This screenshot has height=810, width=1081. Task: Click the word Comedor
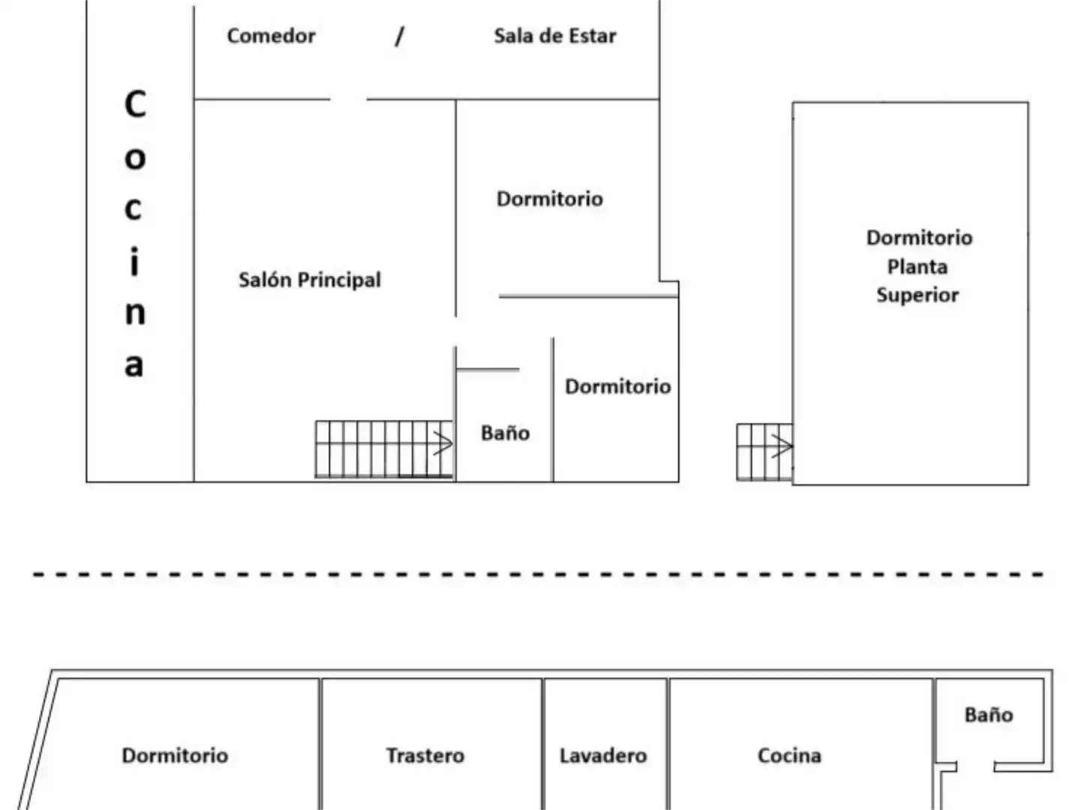point(271,36)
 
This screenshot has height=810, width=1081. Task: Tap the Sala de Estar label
point(555,36)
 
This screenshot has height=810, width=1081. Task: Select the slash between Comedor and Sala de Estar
point(399,36)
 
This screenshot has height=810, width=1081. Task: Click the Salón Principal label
point(310,280)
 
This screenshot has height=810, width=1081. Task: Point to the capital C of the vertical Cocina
point(135,104)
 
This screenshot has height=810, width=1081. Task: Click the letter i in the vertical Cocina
point(134,262)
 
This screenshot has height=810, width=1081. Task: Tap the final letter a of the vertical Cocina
point(134,364)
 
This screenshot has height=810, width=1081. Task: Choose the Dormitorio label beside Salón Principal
point(550,199)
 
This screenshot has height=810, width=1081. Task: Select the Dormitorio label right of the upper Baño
point(617,386)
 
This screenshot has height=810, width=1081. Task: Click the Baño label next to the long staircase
point(506,433)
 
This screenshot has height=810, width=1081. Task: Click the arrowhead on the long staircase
point(443,443)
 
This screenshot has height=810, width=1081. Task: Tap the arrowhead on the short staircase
point(782,446)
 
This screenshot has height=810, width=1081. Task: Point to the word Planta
point(917,267)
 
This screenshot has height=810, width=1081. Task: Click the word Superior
point(917,295)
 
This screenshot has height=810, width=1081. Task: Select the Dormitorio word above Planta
point(920,238)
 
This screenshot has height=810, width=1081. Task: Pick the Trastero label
point(425,755)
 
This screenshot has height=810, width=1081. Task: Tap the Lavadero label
point(603,755)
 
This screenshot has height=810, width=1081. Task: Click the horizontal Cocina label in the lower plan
point(789,755)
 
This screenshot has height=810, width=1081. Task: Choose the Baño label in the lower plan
point(989,715)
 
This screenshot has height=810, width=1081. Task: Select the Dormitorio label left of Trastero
point(175,755)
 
